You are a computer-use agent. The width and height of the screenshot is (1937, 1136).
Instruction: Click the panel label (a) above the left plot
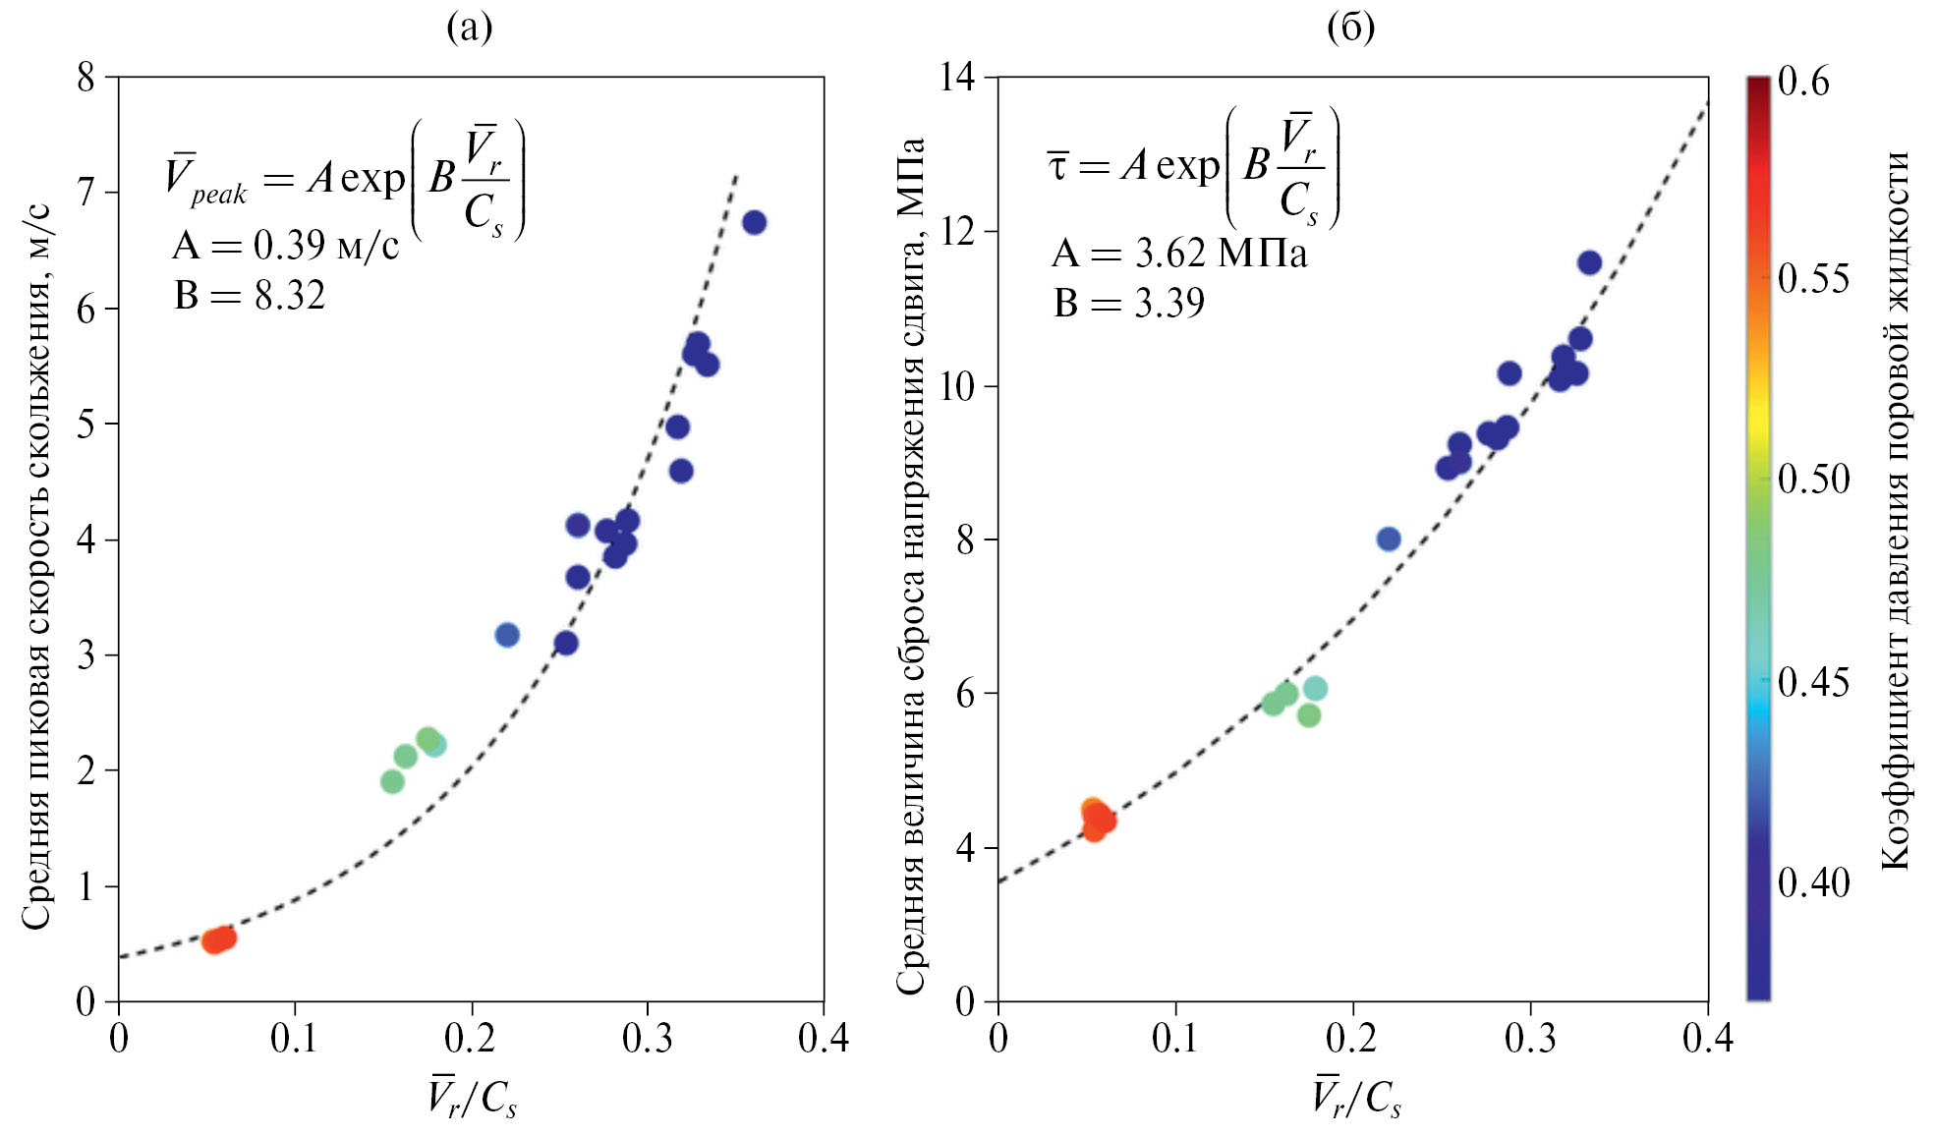(x=469, y=28)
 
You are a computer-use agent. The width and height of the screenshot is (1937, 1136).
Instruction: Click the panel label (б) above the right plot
(x=1350, y=28)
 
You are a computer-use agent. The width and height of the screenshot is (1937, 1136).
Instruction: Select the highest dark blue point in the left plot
(x=754, y=222)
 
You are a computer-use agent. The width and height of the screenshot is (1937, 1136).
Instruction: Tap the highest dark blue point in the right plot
(x=1589, y=262)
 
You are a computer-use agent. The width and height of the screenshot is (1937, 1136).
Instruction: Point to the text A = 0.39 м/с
(x=285, y=245)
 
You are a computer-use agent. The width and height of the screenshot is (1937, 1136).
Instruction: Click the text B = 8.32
(x=250, y=295)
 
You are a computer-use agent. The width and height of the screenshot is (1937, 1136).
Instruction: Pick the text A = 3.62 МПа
(x=1179, y=254)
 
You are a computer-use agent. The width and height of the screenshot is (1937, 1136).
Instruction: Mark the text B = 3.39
(x=1129, y=303)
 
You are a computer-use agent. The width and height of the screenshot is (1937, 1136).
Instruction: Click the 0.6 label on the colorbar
(x=1804, y=82)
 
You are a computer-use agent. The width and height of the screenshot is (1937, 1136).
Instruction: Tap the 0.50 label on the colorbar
(x=1813, y=480)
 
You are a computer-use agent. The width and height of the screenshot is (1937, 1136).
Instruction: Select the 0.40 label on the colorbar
(x=1813, y=882)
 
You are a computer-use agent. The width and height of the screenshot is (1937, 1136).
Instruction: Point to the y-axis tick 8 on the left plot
(x=86, y=77)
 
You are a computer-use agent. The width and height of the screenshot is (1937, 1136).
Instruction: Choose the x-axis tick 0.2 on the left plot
(x=471, y=1038)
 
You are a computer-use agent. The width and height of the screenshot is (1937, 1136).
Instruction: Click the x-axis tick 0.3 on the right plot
(x=1529, y=1038)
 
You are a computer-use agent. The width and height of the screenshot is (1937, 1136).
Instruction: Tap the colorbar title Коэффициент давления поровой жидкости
(x=1895, y=511)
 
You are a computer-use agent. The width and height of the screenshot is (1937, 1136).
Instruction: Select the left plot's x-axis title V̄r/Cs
(x=472, y=1097)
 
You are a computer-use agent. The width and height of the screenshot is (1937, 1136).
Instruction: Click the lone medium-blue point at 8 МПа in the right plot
(x=1388, y=539)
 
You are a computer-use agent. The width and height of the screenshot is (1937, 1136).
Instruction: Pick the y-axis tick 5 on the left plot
(x=86, y=424)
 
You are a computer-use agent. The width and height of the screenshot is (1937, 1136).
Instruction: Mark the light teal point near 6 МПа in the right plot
(x=1315, y=688)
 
